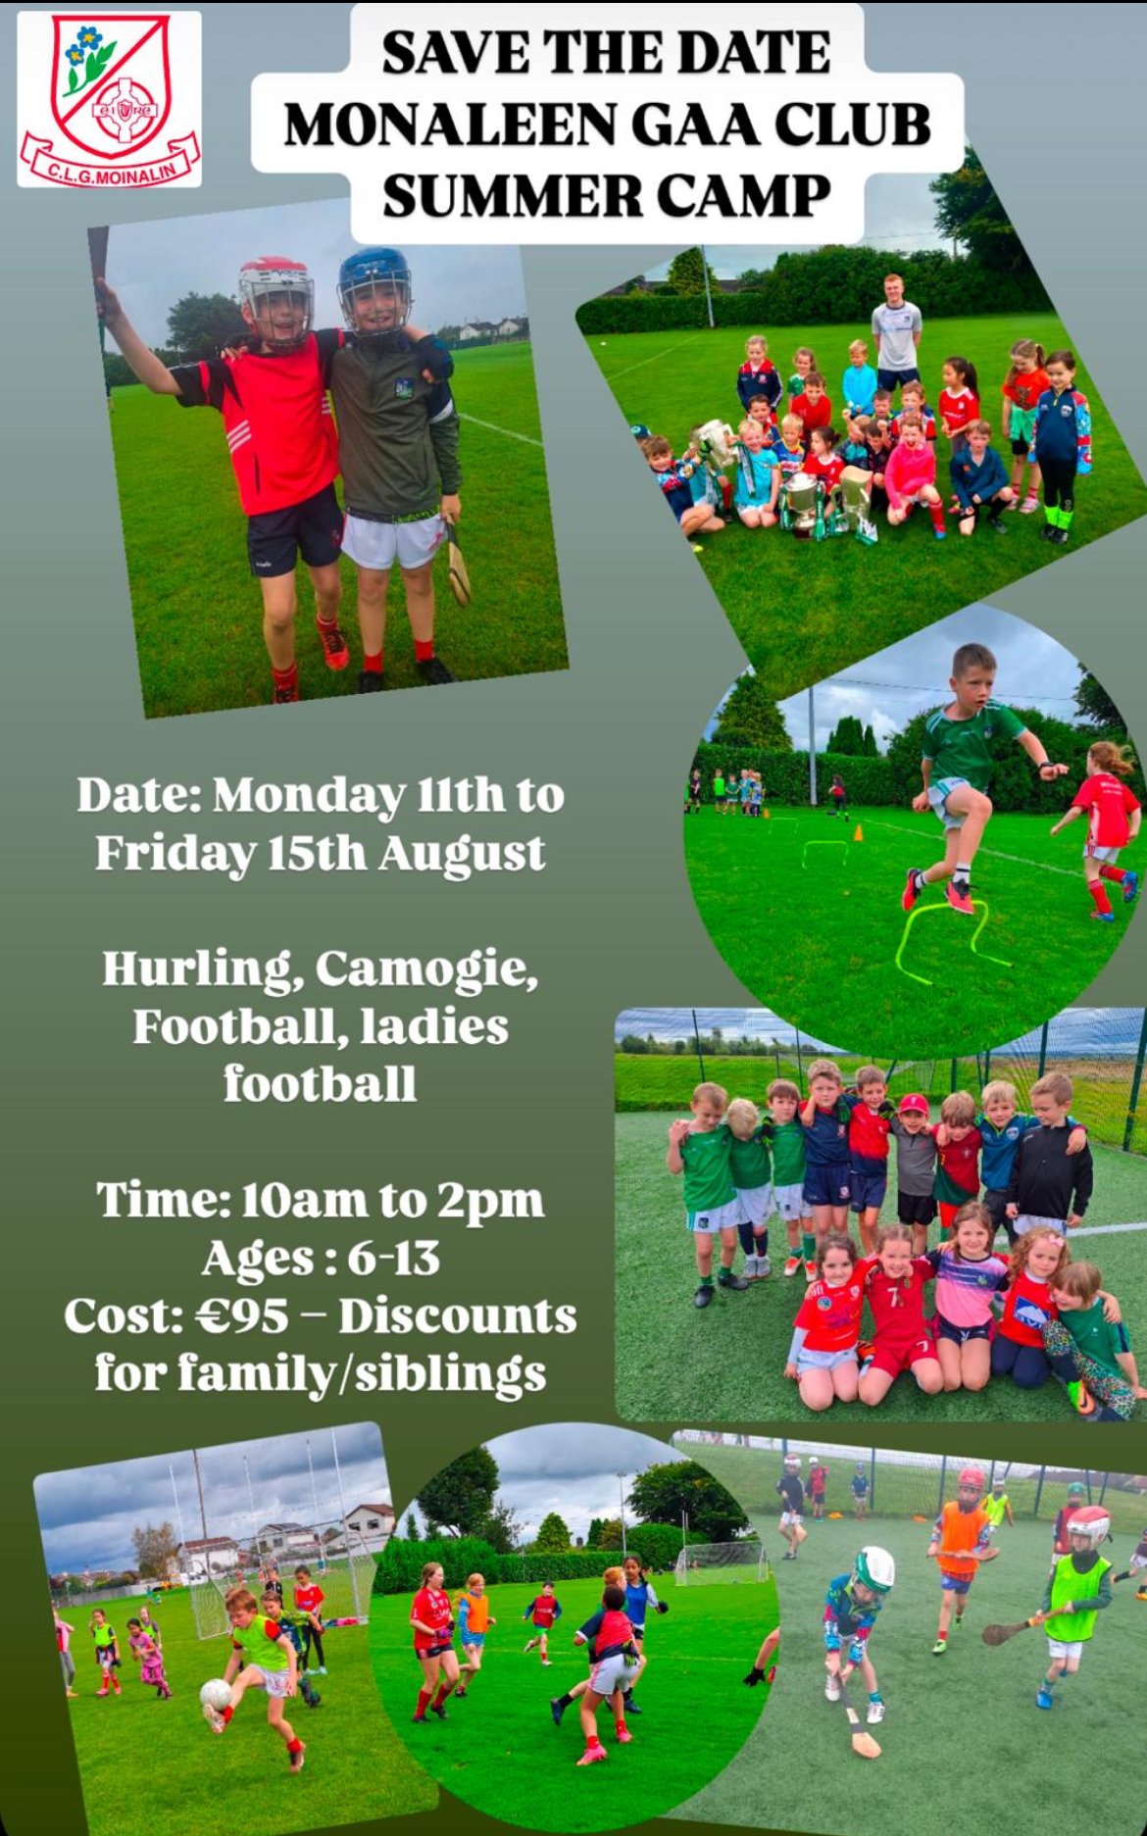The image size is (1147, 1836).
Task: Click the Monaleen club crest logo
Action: point(110,99)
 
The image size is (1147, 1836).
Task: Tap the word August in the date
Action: point(462,853)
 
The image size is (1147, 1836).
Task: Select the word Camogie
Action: point(426,969)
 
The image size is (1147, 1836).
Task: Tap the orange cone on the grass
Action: point(857,833)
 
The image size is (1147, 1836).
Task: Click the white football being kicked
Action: point(215,1693)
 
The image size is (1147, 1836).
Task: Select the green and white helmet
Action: point(872,1566)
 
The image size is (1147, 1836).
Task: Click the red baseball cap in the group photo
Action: point(913,1104)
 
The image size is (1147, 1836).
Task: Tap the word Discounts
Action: point(458,1315)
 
